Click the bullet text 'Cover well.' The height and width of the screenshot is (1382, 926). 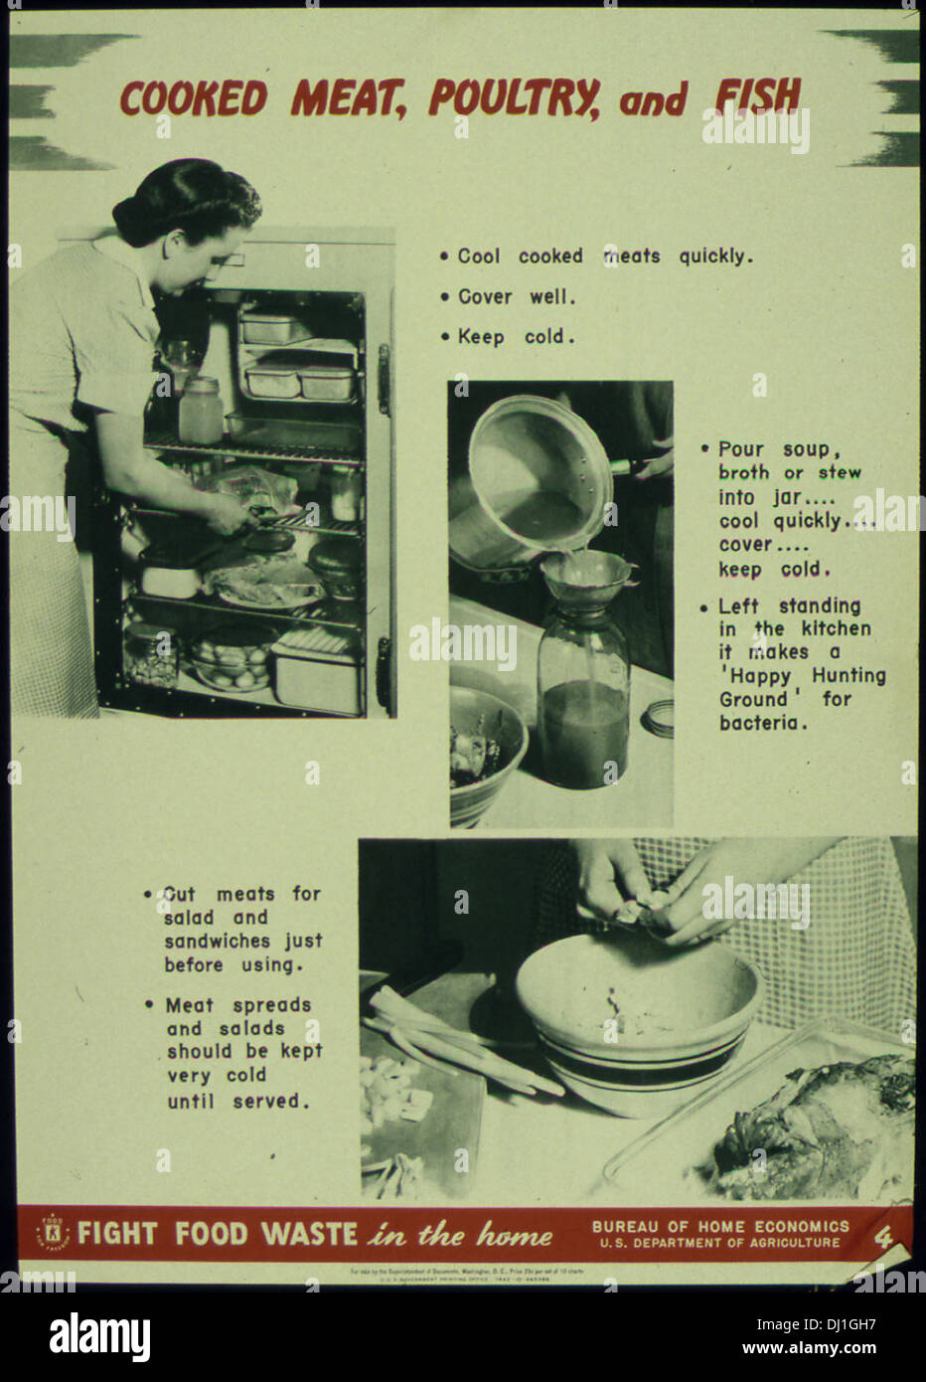point(516,296)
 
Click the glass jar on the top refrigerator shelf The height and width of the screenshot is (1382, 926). point(201,410)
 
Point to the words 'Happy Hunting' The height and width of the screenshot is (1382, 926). point(803,676)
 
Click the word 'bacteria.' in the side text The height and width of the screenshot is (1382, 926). point(761,723)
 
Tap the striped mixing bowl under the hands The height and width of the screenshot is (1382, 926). point(637,1024)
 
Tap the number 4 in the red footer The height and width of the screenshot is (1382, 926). point(883,1238)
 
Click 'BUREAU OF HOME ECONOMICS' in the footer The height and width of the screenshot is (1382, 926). point(720,1226)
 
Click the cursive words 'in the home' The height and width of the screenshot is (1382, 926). point(460,1235)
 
